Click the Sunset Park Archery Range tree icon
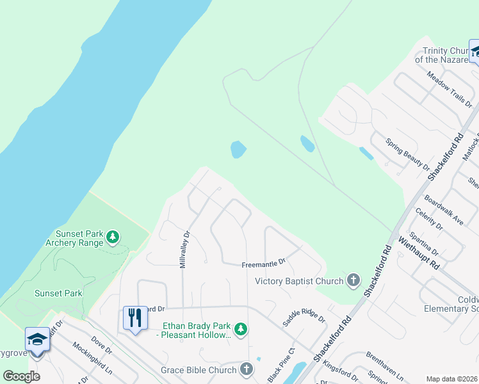coord(113,238)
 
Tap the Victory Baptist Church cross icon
coord(353,280)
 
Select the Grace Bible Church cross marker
coord(247,369)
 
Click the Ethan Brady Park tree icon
coord(240,330)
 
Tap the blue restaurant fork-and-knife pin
coord(134,318)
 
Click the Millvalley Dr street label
coord(186,250)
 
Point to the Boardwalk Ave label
coord(443,210)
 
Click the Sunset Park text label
coord(59,293)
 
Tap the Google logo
coord(21,376)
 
